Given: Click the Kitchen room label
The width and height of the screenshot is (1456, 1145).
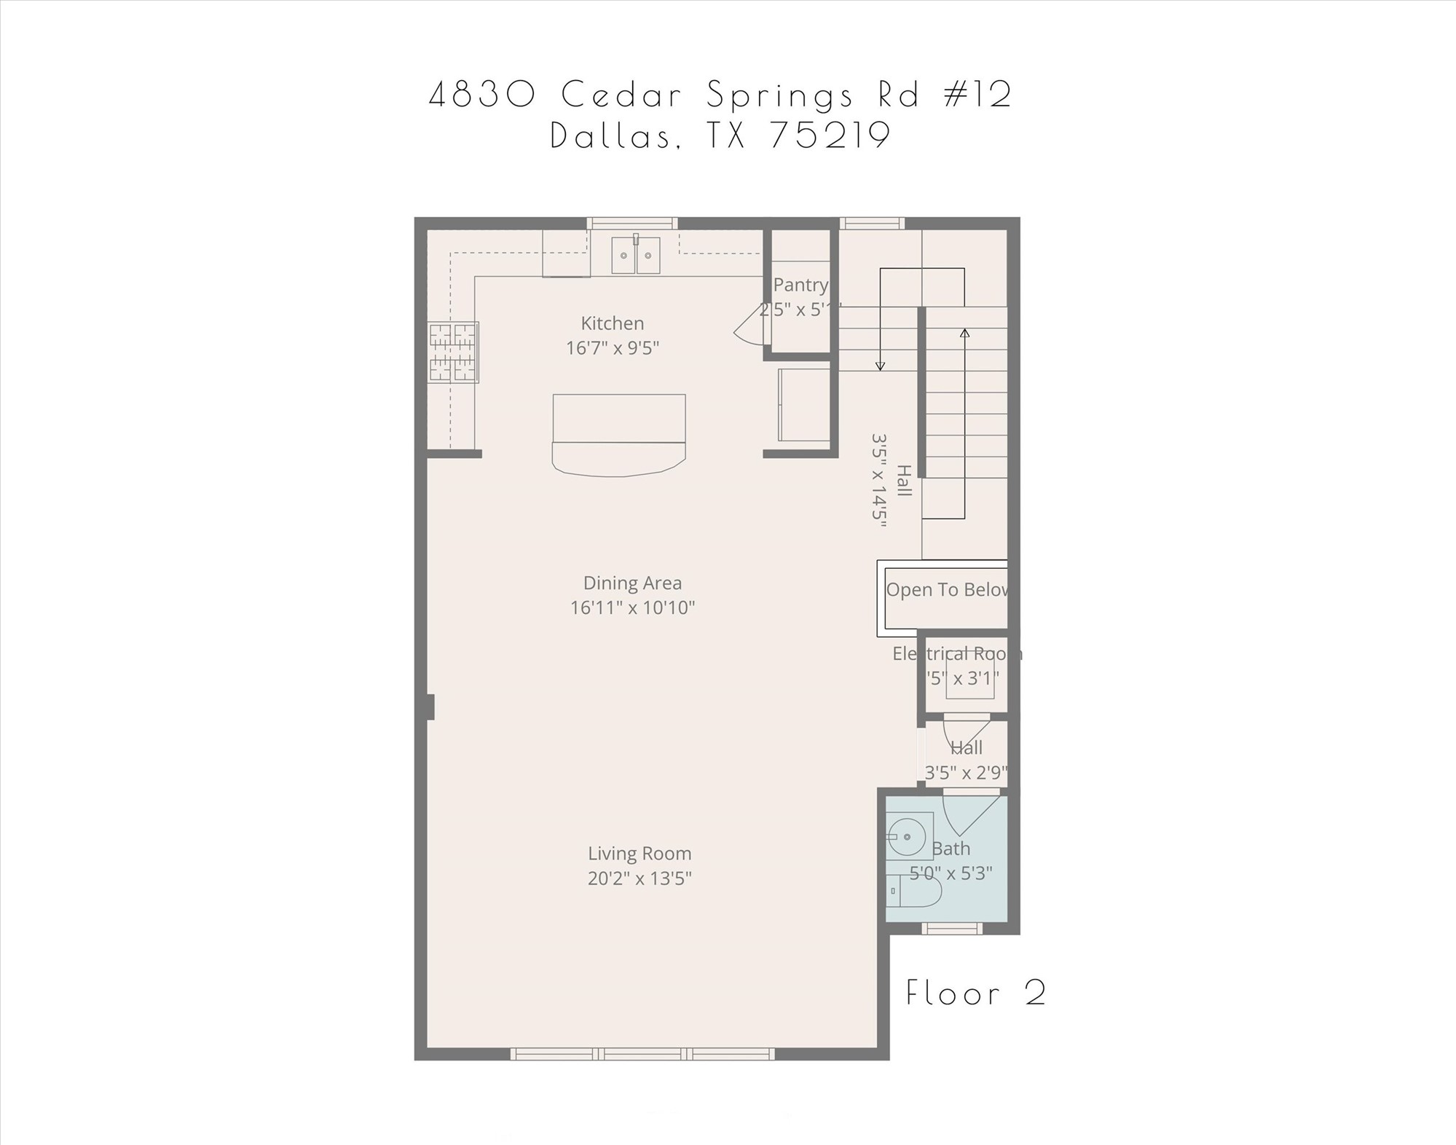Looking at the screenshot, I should [x=612, y=323].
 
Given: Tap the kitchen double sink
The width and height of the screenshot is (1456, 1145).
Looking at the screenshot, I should [x=635, y=256].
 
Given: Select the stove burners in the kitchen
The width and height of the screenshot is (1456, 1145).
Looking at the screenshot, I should [x=452, y=353].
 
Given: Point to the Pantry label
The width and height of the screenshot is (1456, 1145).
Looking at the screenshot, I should [x=800, y=285].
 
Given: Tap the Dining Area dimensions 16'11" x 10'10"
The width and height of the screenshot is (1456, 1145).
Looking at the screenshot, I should [x=632, y=607].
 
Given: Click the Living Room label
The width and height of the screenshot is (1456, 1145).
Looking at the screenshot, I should [x=640, y=853].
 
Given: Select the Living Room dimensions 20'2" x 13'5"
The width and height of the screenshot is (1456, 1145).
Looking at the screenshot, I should [x=640, y=878].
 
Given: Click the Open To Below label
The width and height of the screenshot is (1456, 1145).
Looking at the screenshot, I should [x=946, y=589].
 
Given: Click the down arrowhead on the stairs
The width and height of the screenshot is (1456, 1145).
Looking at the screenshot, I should [x=880, y=366].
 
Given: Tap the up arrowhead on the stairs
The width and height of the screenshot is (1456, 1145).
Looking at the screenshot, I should [x=964, y=334].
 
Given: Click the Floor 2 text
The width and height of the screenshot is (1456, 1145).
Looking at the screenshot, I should [x=975, y=993].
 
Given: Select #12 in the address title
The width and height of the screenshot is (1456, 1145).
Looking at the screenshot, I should [x=977, y=95].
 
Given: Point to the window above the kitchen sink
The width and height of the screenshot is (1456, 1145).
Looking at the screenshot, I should [x=632, y=223].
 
